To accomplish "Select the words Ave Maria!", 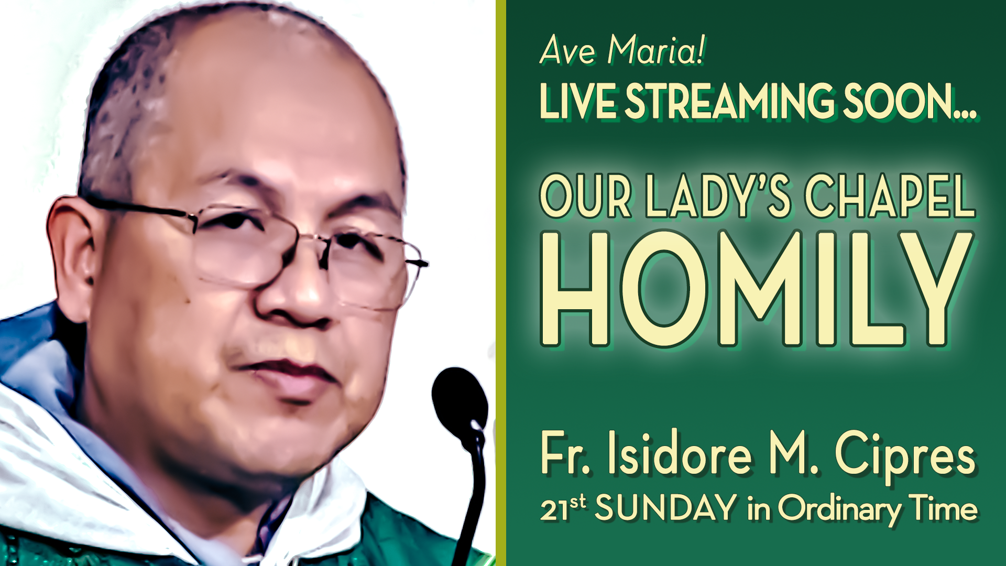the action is [622, 50].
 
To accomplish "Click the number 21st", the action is [563, 508].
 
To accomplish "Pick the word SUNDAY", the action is [666, 508].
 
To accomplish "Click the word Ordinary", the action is [840, 510].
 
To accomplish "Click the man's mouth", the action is [286, 369].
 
